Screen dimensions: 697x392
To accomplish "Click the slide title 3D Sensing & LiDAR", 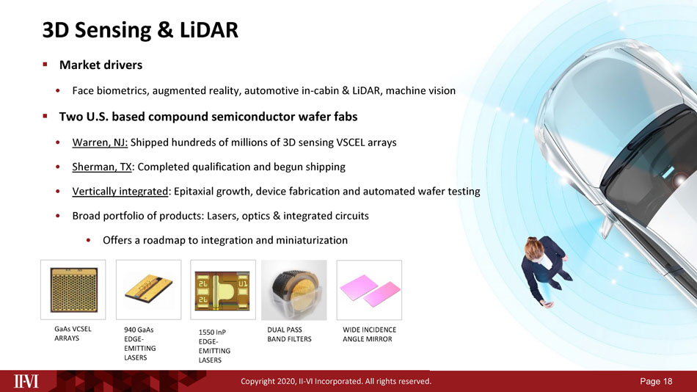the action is (x=140, y=30).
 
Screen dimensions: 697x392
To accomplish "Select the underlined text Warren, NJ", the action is (x=100, y=142).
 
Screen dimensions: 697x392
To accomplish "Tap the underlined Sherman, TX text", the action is (x=102, y=167).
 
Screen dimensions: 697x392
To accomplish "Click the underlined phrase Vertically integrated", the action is (x=120, y=192).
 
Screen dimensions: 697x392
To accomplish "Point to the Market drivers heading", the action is (x=101, y=65).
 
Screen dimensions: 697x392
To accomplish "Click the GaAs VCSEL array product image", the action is (x=73, y=290).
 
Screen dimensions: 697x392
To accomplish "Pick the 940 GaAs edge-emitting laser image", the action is (x=148, y=290).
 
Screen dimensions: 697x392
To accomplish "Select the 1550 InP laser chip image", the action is (x=223, y=290).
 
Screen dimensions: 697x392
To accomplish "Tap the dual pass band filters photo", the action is (x=293, y=290).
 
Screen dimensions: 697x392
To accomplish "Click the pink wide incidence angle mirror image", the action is (x=369, y=290).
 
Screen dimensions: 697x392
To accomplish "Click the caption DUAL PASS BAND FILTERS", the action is (x=289, y=334).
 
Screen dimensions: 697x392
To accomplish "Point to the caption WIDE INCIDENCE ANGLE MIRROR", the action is (x=369, y=334).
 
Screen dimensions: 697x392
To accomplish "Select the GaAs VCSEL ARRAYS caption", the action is (x=73, y=334).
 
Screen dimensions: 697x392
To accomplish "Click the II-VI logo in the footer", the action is (x=26, y=381).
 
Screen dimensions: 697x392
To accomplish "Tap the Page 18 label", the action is (x=656, y=381).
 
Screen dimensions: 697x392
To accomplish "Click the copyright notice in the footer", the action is (x=336, y=381).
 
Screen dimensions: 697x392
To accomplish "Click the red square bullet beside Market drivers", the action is (x=45, y=65).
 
